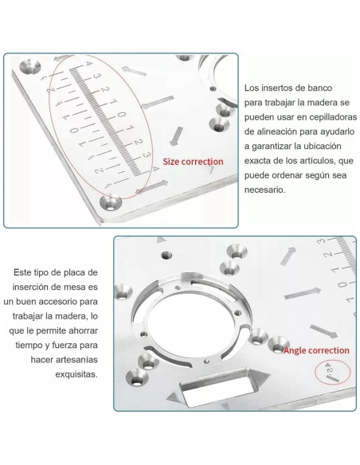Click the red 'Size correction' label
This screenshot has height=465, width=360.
(194, 162)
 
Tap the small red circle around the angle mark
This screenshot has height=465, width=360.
(328, 372)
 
